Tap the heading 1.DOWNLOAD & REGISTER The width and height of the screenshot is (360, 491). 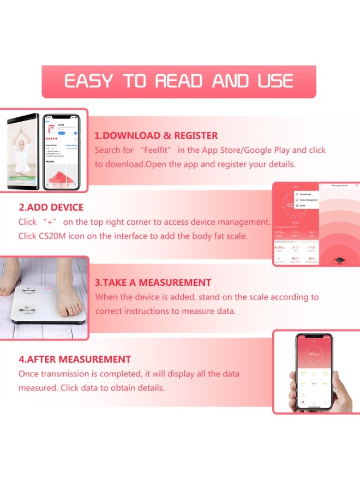tap(156, 136)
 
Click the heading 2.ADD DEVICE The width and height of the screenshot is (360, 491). tap(51, 208)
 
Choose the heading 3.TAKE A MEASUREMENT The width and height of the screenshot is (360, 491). tap(153, 283)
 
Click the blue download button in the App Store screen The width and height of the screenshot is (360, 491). tap(62, 133)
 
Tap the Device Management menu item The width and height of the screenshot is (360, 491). tap(308, 200)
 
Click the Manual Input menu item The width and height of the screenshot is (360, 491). tap(305, 194)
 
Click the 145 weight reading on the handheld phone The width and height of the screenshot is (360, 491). tap(313, 354)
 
